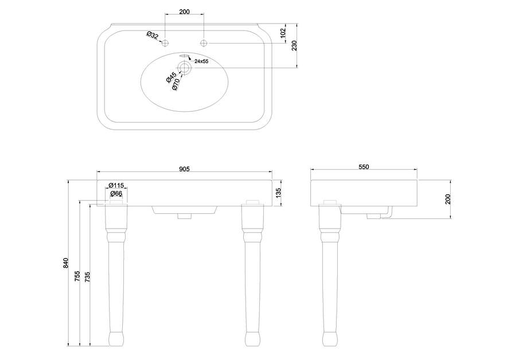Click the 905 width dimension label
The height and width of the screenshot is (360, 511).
[184, 169]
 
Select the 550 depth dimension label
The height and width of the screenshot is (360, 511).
[364, 167]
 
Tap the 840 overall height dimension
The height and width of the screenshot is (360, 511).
[66, 263]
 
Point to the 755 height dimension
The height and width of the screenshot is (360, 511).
[77, 276]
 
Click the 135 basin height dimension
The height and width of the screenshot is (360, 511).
[278, 193]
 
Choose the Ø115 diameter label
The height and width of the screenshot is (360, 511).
[116, 185]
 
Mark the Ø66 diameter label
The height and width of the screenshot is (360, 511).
[116, 194]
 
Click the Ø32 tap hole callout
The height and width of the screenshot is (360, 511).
[152, 36]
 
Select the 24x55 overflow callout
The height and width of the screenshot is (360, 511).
[201, 61]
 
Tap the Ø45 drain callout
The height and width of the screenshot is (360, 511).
[171, 77]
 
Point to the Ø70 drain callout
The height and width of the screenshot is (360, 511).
[175, 84]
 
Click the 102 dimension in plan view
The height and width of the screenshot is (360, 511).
[283, 33]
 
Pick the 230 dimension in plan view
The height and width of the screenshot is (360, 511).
[294, 46]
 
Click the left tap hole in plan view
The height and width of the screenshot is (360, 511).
[165, 43]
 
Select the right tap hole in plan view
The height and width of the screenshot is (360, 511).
[204, 43]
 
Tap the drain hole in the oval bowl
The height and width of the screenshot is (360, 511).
[185, 68]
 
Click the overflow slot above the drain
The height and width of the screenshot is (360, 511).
[185, 56]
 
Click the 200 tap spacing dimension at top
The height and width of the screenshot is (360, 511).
[184, 11]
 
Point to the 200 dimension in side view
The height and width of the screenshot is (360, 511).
[448, 199]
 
